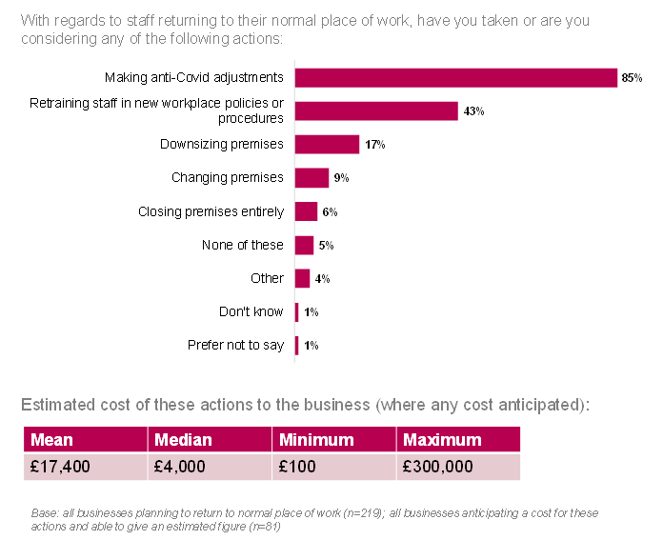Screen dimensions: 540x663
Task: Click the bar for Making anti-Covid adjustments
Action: pyautogui.click(x=456, y=77)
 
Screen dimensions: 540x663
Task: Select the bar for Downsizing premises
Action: pyautogui.click(x=327, y=144)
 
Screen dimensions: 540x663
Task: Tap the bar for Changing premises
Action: pyautogui.click(x=311, y=178)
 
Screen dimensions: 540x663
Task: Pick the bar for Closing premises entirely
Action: pyautogui.click(x=306, y=211)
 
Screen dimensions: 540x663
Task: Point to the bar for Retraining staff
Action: pyautogui.click(x=376, y=110)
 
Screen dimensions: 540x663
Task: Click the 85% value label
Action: pyautogui.click(x=633, y=78)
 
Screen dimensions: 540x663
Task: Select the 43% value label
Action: pyautogui.click(x=473, y=111)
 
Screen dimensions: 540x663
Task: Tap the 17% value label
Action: pyautogui.click(x=374, y=145)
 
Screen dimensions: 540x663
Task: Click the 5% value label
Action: pyautogui.click(x=326, y=246)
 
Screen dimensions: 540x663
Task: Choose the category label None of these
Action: pyautogui.click(x=242, y=245)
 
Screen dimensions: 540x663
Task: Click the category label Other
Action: pyautogui.click(x=267, y=278)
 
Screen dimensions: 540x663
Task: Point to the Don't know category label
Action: pyautogui.click(x=251, y=311)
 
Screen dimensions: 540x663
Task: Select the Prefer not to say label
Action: pyautogui.click(x=235, y=345)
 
